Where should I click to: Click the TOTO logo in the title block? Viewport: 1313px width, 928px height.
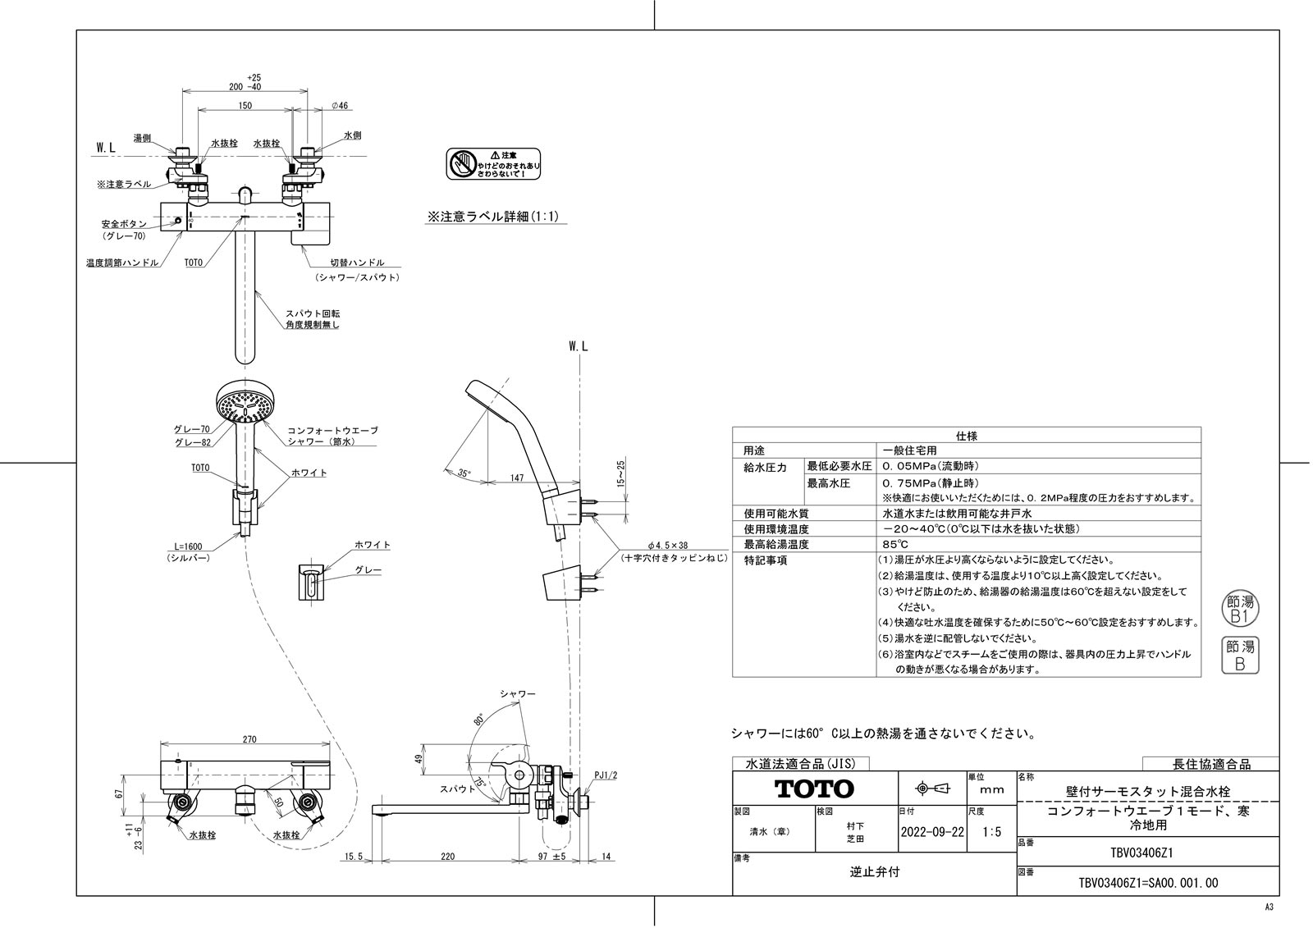815,789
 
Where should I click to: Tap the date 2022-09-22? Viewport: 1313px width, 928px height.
932,830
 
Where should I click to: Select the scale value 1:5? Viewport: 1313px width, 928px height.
991,831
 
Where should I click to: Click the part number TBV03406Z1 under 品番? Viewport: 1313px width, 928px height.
1147,852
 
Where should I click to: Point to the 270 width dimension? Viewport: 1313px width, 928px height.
249,739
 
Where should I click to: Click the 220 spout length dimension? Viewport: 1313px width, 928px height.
447,857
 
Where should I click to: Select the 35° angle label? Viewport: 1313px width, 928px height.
464,473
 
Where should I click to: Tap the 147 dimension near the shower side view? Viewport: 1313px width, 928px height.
516,477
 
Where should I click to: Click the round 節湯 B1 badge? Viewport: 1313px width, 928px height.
1239,608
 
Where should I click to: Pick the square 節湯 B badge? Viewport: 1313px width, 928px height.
1239,656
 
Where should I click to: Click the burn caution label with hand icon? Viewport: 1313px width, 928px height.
493,164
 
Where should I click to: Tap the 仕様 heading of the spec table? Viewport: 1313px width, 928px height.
966,436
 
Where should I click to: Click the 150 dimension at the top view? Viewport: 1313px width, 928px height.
245,106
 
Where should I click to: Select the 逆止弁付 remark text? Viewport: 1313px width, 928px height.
874,872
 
